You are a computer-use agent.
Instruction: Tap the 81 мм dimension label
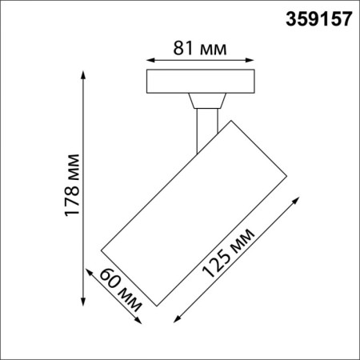[x=200, y=48]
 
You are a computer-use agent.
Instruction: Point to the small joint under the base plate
[x=206, y=100]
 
